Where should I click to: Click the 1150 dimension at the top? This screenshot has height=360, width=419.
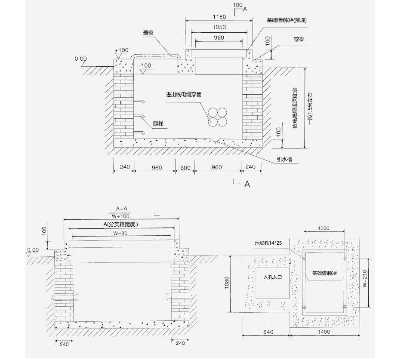[219, 17]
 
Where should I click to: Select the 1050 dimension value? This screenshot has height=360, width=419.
[219, 27]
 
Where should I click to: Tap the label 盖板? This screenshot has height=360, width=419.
[148, 33]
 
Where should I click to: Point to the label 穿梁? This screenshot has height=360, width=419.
[299, 39]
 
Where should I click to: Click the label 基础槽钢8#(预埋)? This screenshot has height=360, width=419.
[287, 20]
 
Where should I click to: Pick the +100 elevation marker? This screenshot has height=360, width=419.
[121, 50]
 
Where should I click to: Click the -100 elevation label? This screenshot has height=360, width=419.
[144, 65]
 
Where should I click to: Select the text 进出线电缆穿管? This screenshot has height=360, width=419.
[184, 94]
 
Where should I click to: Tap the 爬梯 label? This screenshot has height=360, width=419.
[158, 123]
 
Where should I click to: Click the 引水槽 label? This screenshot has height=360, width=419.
[284, 159]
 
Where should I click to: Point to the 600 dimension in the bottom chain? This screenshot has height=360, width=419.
[185, 168]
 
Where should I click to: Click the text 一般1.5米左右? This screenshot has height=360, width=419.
[310, 109]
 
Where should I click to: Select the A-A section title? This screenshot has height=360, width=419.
[122, 209]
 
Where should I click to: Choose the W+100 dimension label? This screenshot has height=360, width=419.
[120, 216]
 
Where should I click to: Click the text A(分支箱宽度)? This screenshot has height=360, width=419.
[121, 224]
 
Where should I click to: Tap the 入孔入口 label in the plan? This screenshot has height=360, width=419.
[273, 277]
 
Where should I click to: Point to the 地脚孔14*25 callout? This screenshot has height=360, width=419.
[268, 243]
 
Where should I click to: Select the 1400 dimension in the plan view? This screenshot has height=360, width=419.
[324, 332]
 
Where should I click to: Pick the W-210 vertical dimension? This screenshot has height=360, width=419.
[365, 278]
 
